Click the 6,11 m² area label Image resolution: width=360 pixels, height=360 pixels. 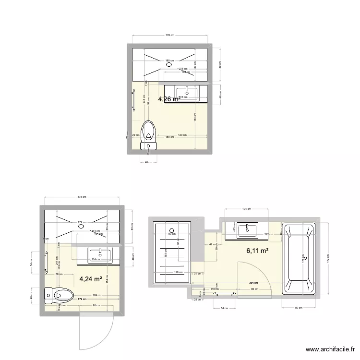(257, 250)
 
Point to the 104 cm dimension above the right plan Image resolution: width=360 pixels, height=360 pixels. (246, 209)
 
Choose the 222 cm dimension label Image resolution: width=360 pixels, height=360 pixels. (268, 234)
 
